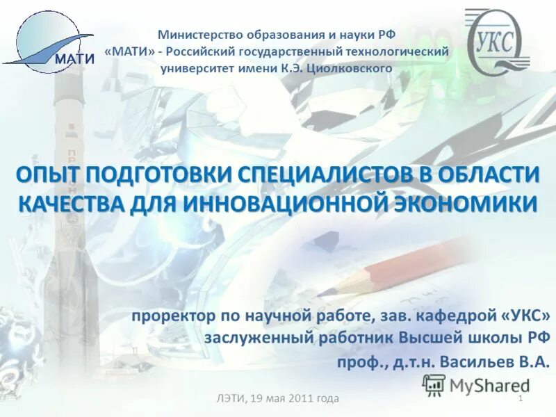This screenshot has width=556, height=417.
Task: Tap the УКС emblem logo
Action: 498,44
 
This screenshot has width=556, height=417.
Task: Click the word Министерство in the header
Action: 198,34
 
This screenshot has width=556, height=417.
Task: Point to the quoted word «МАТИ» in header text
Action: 129,51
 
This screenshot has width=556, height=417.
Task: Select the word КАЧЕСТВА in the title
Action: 70,204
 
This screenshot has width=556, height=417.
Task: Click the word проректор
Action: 173,316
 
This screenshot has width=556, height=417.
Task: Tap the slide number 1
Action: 521,398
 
